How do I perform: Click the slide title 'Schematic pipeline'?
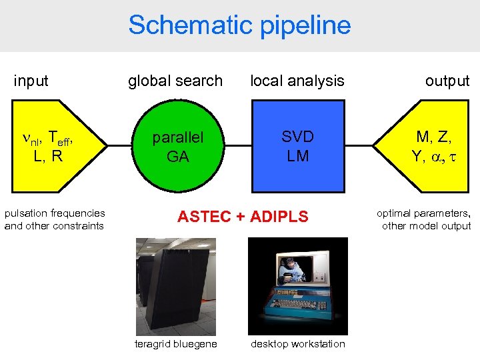pyautogui.click(x=239, y=25)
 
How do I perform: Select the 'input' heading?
pyautogui.click(x=31, y=81)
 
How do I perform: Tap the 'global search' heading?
pyautogui.click(x=175, y=81)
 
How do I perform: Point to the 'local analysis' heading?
pyautogui.click(x=297, y=81)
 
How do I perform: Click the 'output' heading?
pyautogui.click(x=447, y=81)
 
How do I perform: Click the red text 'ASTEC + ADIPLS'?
pyautogui.click(x=242, y=217)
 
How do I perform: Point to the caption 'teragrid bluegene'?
pyautogui.click(x=175, y=344)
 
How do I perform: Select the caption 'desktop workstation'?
pyautogui.click(x=297, y=344)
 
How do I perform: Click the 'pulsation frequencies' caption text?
pyautogui.click(x=55, y=213)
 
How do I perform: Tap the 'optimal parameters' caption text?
pyautogui.click(x=423, y=213)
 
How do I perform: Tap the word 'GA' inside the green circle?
pyautogui.click(x=177, y=157)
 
